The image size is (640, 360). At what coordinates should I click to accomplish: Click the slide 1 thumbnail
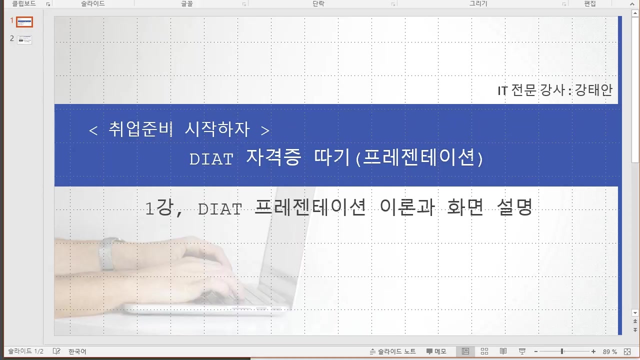pos(24,22)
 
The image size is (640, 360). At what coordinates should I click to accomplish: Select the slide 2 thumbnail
pos(24,39)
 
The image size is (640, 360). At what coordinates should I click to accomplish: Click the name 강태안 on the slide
pos(593,90)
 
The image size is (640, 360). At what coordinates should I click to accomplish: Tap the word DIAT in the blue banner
pos(211,159)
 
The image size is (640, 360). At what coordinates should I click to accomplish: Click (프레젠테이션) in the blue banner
pos(419,158)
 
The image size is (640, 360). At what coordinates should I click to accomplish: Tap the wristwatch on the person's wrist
pos(107,254)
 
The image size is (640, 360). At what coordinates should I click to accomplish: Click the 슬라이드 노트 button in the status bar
pos(393,351)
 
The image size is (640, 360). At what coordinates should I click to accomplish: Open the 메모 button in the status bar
pos(436,351)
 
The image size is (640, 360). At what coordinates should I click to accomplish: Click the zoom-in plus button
pos(593,351)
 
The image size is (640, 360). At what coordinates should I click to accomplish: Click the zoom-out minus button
pos(535,351)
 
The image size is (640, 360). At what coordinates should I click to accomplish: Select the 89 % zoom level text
pos(609,351)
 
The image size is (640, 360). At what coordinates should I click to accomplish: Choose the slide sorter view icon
pos(484,351)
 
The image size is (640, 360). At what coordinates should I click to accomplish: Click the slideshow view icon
pos(522,351)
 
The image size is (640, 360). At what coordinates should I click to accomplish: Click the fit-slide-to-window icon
pos(628,351)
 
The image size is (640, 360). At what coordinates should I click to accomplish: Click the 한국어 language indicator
pos(77,351)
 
